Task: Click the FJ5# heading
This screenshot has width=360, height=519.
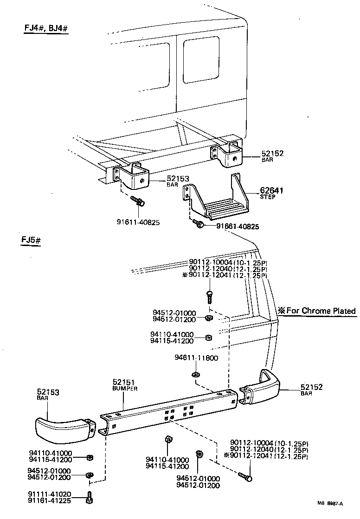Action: point(32,241)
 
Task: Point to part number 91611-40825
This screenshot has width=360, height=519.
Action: point(138,222)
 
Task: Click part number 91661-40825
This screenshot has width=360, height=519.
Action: point(238,227)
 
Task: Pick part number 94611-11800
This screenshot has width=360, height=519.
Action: point(196,358)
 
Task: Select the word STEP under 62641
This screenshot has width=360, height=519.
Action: point(268,197)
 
